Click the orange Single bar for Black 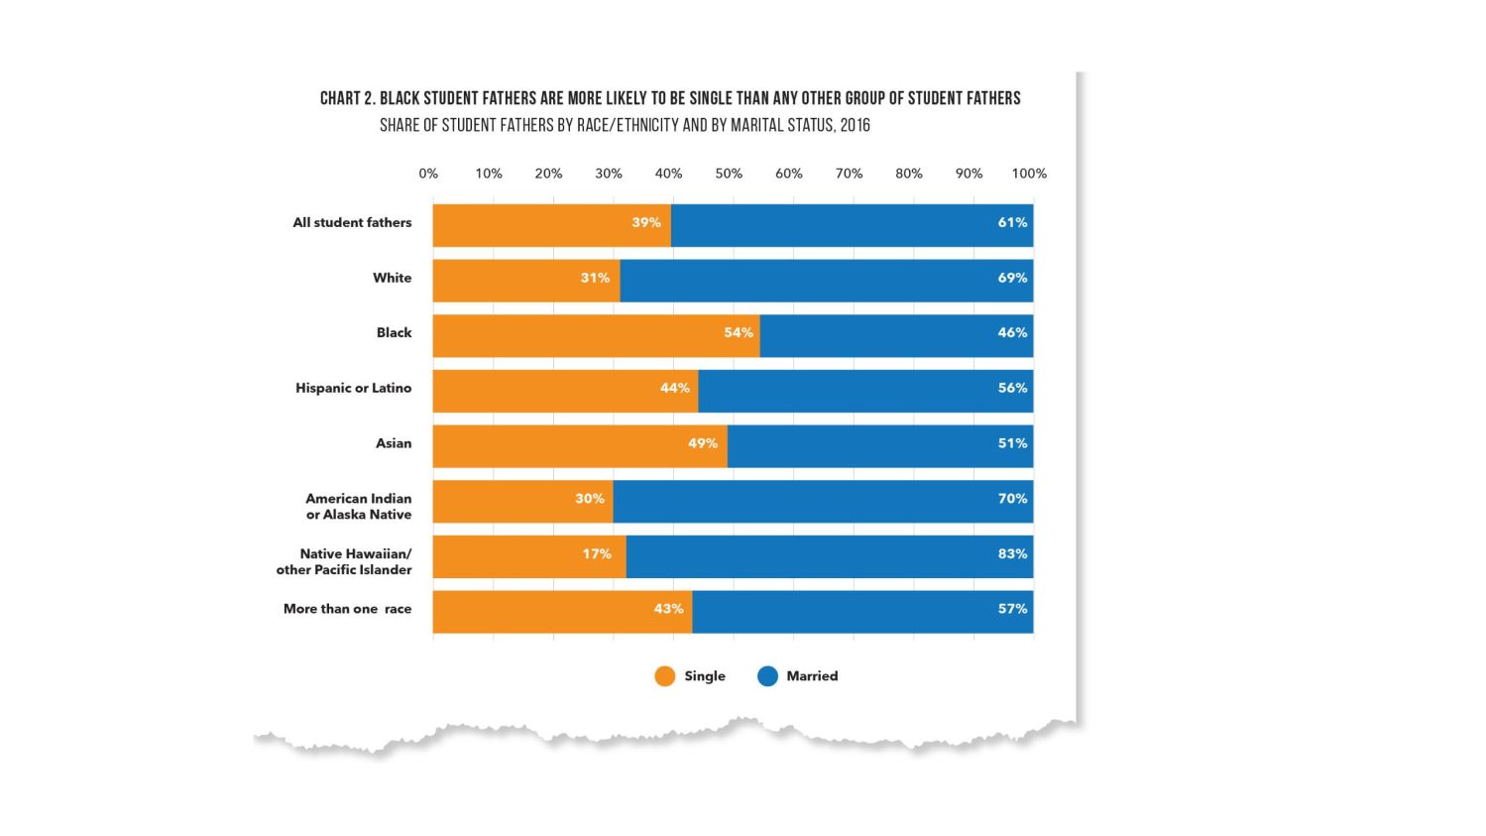click(x=595, y=336)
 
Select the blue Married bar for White click(x=826, y=281)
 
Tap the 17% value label click(x=597, y=554)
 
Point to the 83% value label click(x=1012, y=554)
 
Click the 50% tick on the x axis click(x=729, y=174)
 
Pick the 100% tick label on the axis click(x=1028, y=174)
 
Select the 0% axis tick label click(x=428, y=174)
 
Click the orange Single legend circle click(x=664, y=676)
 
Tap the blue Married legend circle click(x=767, y=676)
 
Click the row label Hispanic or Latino click(x=353, y=388)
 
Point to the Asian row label click(x=393, y=443)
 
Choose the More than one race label click(x=347, y=609)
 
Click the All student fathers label click(x=352, y=222)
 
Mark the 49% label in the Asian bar click(x=702, y=443)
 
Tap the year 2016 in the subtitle click(x=854, y=126)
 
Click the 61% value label click(x=1012, y=222)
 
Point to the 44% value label click(x=674, y=388)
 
